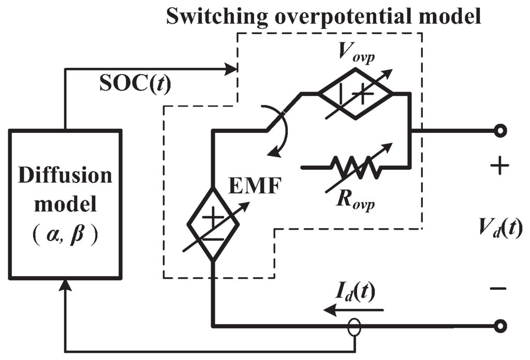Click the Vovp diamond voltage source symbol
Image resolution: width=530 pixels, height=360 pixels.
(356, 94)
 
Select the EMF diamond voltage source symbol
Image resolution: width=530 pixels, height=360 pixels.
(213, 223)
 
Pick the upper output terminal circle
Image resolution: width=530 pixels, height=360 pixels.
(499, 131)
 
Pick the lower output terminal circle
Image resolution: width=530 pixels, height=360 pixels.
(499, 326)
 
